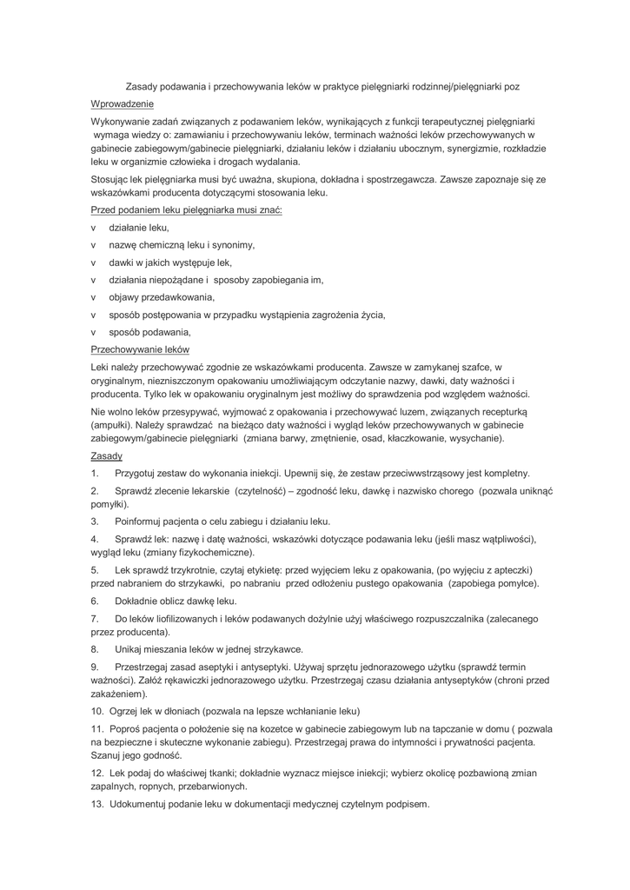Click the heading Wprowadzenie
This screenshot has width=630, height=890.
[122, 103]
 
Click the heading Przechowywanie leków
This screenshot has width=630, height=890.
[140, 349]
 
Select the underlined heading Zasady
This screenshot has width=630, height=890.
[107, 455]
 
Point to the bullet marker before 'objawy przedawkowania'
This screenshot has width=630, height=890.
[94, 296]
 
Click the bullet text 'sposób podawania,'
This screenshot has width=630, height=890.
[149, 331]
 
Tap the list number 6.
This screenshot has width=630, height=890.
[95, 601]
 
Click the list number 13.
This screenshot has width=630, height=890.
[97, 805]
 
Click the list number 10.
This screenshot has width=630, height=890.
[97, 710]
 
